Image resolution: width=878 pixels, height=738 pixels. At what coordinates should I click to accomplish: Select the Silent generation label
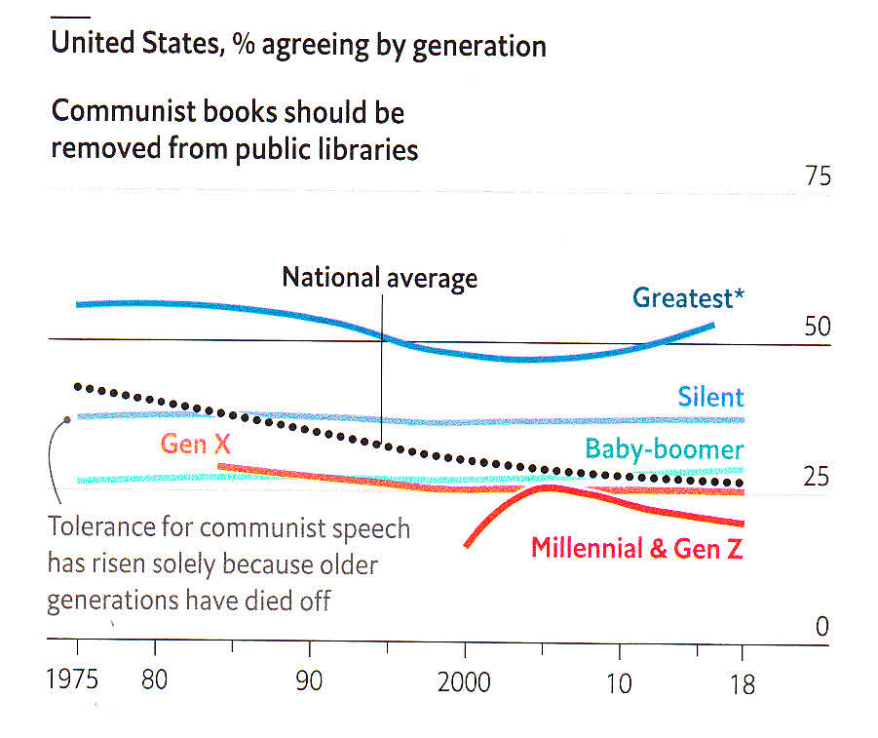710,397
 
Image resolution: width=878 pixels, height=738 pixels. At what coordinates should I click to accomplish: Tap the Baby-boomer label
664,449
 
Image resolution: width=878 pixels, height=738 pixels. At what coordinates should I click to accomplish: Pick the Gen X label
197,445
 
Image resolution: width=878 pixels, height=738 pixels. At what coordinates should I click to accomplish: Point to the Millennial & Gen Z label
636,548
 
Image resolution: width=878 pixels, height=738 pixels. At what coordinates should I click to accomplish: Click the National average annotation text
379,278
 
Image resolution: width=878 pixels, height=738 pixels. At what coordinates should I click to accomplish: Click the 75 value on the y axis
817,176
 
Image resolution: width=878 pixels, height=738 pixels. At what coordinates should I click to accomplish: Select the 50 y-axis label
817,327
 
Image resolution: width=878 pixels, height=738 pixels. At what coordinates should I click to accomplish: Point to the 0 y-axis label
821,628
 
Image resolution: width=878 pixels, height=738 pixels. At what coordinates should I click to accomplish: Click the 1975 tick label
73,680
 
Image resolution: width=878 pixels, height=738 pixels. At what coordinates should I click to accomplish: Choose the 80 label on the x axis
154,680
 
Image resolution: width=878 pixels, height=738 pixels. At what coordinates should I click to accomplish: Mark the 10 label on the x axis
619,682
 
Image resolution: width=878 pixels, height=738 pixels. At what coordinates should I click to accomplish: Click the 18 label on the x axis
742,684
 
